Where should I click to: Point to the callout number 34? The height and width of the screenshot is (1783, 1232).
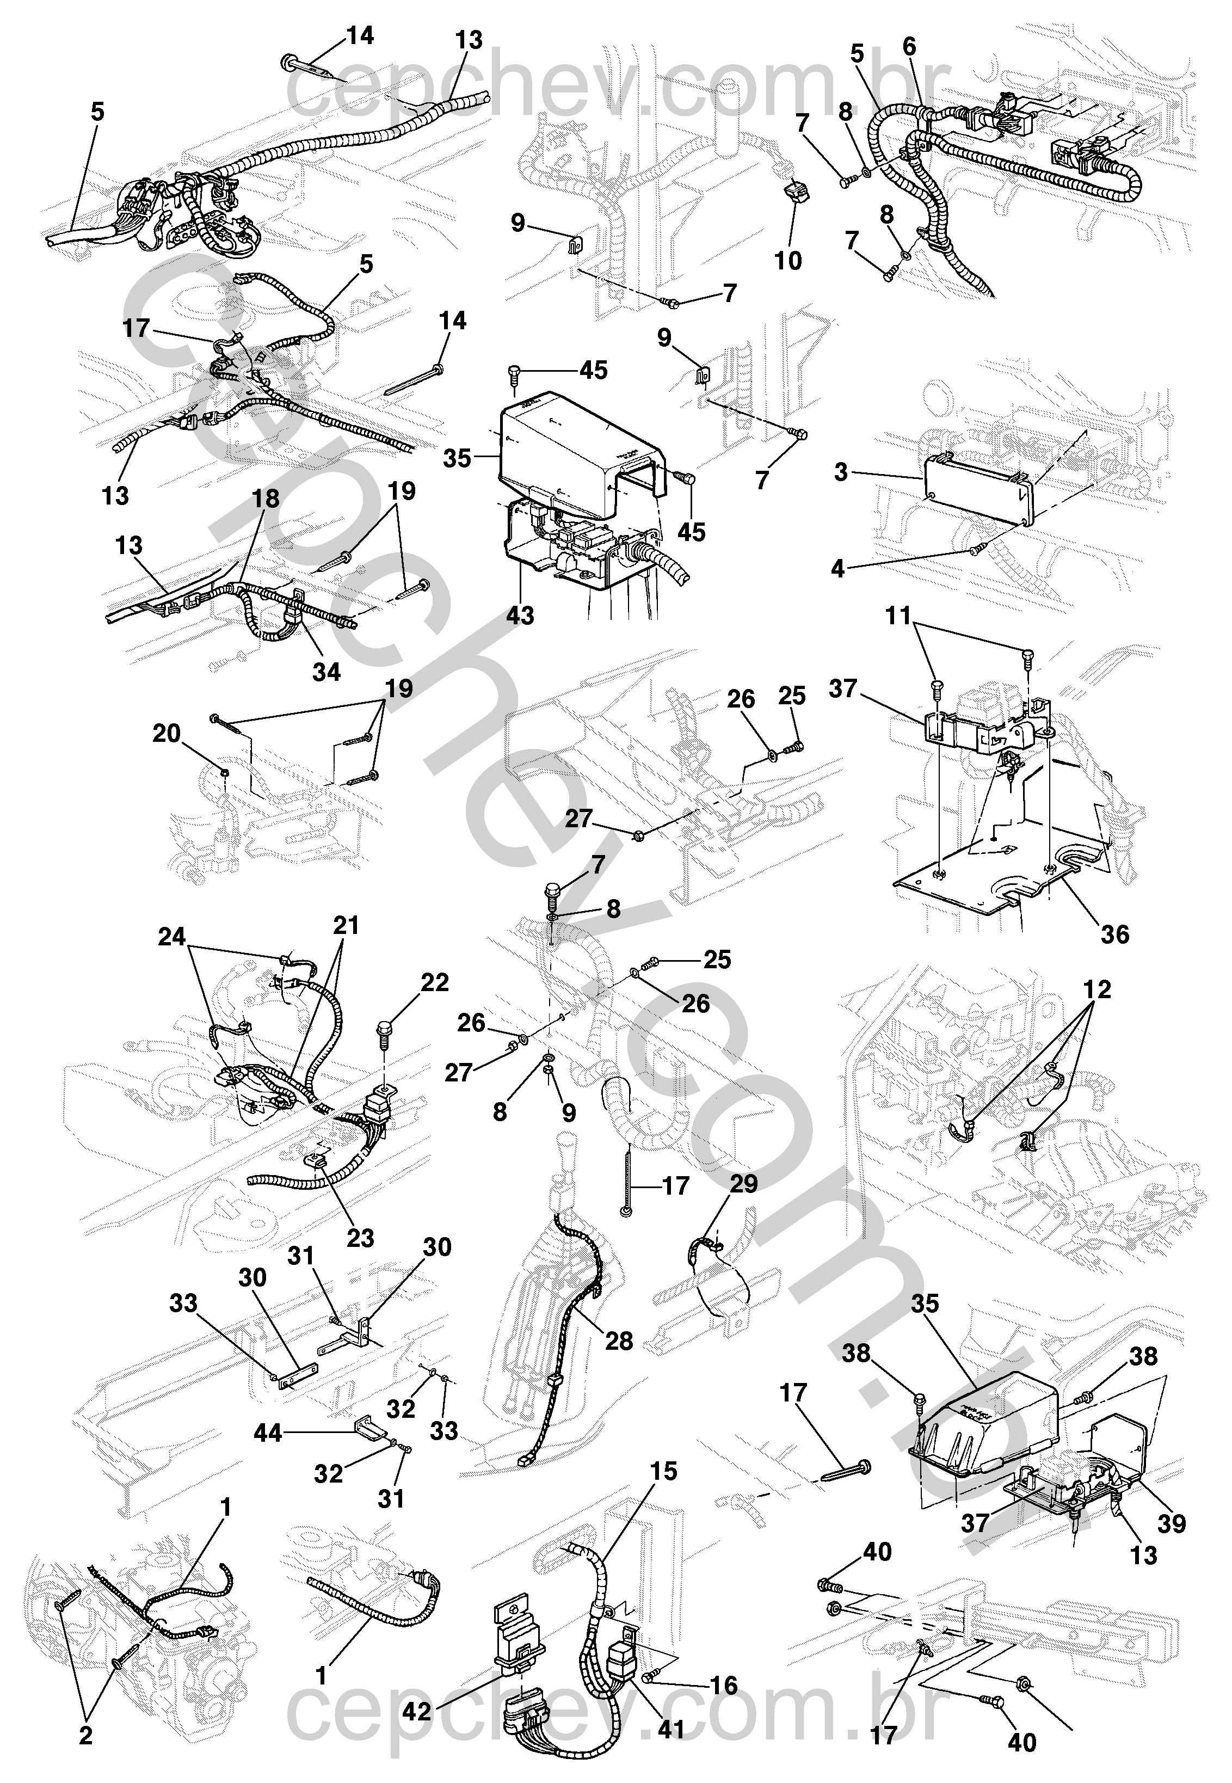pyautogui.click(x=326, y=672)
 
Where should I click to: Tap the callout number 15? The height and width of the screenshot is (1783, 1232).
pyautogui.click(x=663, y=1471)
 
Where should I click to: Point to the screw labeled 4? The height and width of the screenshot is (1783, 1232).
pyautogui.click(x=976, y=549)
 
